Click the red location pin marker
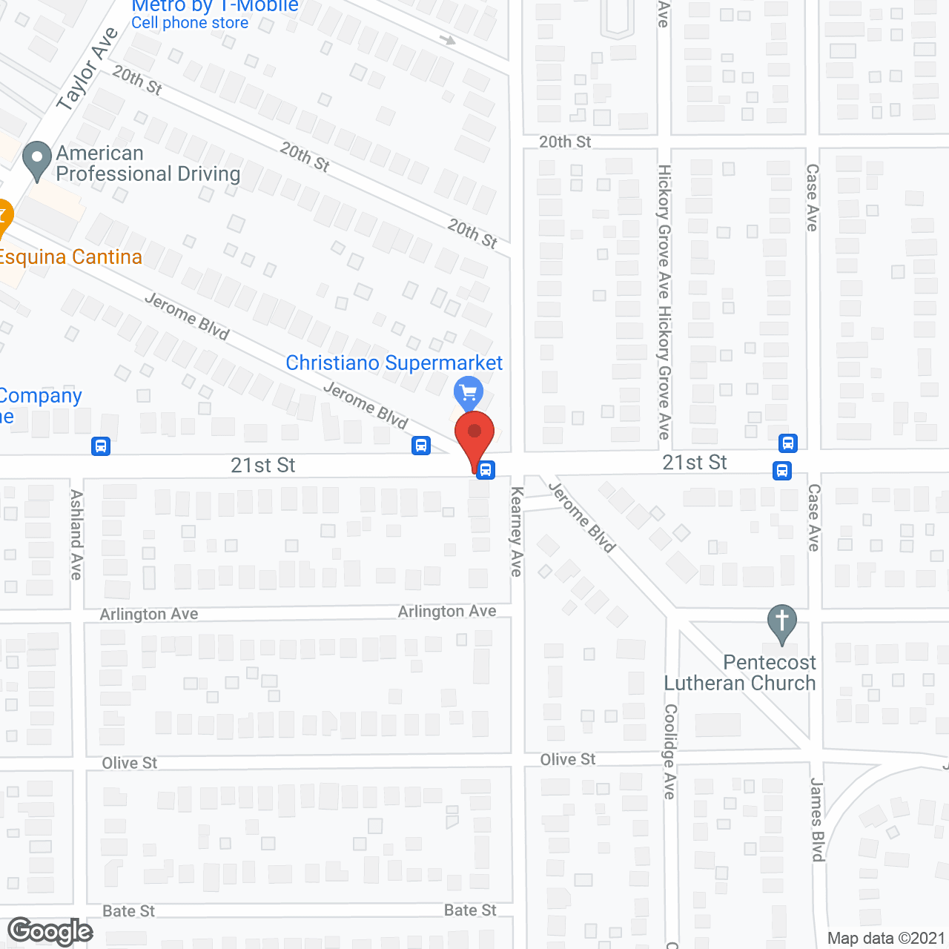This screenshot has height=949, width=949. tap(474, 434)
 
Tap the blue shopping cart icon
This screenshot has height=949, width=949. tap(468, 391)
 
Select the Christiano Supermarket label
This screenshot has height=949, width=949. tap(394, 363)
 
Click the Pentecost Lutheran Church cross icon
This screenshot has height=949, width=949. tap(781, 621)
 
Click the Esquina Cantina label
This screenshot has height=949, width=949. tap(70, 257)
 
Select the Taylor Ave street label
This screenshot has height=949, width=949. tap(87, 69)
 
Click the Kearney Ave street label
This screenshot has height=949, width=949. tap(517, 532)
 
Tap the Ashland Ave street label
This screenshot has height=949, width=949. tap(76, 534)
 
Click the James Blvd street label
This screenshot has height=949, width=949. tap(817, 819)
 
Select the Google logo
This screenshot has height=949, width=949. tap(50, 931)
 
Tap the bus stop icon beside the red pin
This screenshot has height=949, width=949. tap(486, 469)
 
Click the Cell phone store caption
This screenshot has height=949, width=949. tap(190, 23)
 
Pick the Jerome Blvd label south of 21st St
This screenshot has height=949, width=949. tap(582, 518)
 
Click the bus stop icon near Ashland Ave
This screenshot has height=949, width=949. tap(101, 446)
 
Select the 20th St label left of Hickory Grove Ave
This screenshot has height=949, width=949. tap(565, 142)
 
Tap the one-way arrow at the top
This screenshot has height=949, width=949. tap(447, 39)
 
